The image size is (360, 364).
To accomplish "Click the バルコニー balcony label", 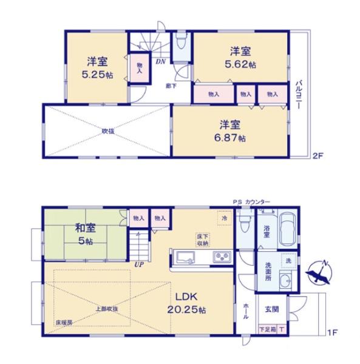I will (x=299, y=94).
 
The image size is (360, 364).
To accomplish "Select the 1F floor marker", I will (x=331, y=333).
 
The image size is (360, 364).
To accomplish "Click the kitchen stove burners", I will (x=220, y=257).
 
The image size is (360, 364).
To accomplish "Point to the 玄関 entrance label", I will (x=271, y=308).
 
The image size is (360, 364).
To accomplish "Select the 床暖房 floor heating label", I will (x=64, y=322).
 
